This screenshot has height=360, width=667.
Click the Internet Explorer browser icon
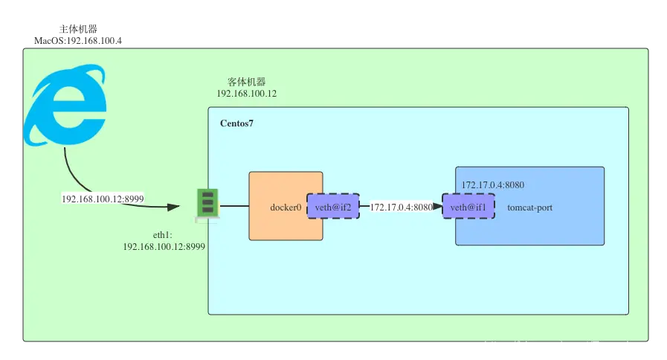click(x=65, y=105)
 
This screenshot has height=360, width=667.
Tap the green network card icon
click(x=207, y=204)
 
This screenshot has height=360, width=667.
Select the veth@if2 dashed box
click(x=333, y=206)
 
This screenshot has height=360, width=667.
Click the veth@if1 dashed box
click(x=468, y=206)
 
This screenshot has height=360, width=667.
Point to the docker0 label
click(x=286, y=208)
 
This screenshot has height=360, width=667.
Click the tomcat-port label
click(x=529, y=208)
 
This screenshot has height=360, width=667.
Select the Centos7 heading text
click(x=236, y=123)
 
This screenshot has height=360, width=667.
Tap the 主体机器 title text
click(x=78, y=29)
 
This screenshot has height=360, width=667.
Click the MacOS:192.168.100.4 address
click(x=78, y=41)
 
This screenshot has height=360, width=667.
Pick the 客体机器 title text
click(x=247, y=82)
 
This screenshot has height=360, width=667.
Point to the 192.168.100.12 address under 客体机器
click(x=247, y=94)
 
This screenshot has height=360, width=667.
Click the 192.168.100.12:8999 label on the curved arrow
click(x=103, y=199)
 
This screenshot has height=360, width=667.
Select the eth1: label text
click(x=163, y=235)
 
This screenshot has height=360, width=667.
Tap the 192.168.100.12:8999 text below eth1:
click(x=164, y=247)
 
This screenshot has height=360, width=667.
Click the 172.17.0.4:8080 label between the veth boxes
click(x=401, y=208)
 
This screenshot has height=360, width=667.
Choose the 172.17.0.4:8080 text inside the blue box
click(x=492, y=185)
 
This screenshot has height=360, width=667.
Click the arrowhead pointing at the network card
click(x=173, y=208)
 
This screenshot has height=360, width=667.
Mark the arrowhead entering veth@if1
click(x=437, y=206)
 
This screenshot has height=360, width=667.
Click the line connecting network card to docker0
click(x=234, y=206)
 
